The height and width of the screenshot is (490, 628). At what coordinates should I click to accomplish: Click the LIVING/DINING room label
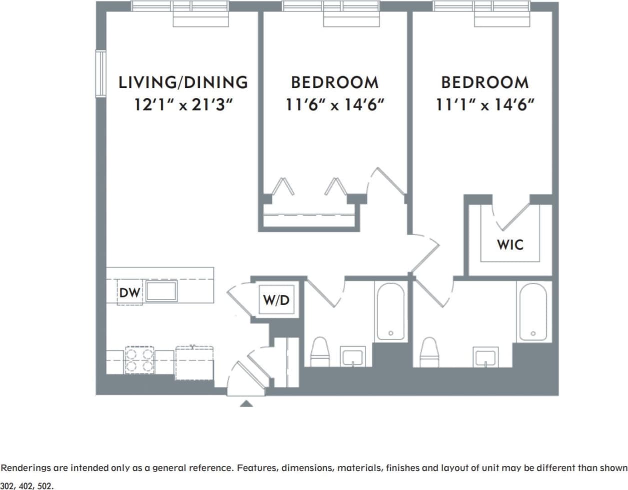(183, 82)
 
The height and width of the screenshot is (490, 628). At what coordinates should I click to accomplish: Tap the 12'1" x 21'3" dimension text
(183, 105)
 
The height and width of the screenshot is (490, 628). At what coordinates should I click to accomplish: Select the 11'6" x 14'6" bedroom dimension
(334, 105)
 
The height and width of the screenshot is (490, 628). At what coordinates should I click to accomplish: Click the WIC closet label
(510, 244)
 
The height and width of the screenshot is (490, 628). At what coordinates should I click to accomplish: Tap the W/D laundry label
(276, 300)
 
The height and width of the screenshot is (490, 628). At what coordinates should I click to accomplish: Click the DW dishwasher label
(130, 292)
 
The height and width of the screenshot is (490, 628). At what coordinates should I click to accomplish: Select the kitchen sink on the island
(161, 291)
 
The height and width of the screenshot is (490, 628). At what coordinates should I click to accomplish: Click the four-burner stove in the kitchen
(139, 360)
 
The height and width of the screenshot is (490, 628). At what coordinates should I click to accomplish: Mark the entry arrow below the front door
(246, 403)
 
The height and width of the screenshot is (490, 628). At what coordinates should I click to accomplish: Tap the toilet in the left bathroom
(320, 351)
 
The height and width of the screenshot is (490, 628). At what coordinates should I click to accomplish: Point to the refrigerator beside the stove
(194, 362)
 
